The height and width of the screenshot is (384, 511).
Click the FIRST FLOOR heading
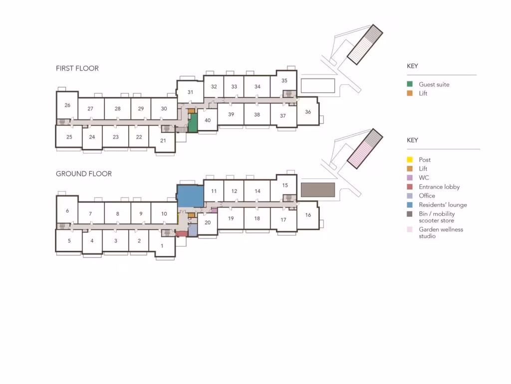coord(77,68)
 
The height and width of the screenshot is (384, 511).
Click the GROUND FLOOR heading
coord(84,173)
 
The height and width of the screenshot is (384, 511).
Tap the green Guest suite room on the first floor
coord(193,123)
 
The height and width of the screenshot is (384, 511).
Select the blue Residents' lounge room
coord(191,195)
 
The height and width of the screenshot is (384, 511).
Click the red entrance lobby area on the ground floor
coord(182,233)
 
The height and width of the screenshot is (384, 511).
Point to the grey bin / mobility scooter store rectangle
coord(318,189)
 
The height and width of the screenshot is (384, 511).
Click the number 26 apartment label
coord(67,105)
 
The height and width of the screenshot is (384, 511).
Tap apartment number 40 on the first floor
coord(208,120)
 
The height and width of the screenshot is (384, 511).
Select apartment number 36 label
coord(308,111)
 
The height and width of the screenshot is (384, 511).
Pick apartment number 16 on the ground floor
coord(308,215)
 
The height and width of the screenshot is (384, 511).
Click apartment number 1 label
coord(162,246)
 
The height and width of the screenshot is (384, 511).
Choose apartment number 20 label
coord(208,222)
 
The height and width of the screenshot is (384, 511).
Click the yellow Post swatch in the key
coord(410,159)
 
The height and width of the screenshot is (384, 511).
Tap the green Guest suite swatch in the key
coord(410,84)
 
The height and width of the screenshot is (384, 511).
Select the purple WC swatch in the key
coord(410,177)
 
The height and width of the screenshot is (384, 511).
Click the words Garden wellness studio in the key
coord(441,232)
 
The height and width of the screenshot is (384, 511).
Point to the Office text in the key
coord(427,195)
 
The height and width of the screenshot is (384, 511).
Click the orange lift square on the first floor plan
coord(191,111)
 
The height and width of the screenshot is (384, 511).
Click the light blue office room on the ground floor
coord(193,230)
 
